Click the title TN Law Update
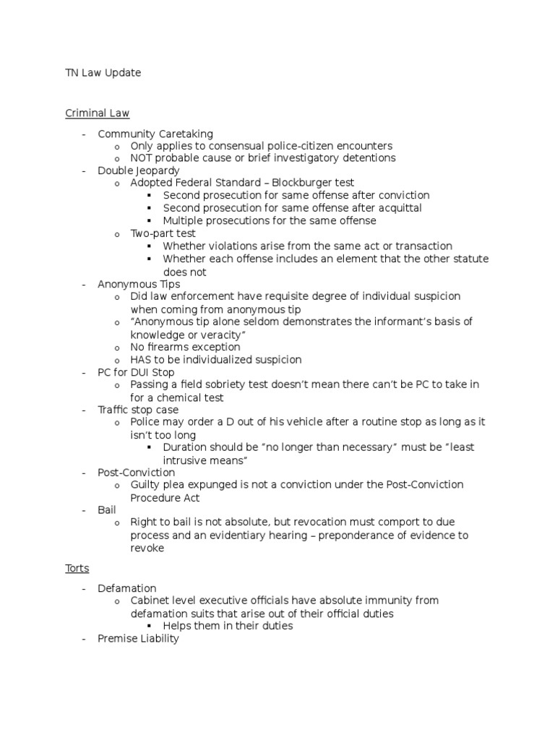point(103,73)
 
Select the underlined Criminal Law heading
point(97,113)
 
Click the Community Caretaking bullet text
point(155,134)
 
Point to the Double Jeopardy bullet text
point(138,171)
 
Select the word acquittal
point(397,208)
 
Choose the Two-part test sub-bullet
point(163,233)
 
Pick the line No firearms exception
point(185,347)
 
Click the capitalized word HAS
point(140,360)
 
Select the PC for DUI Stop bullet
point(136,372)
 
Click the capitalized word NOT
point(142,158)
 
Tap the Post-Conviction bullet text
point(136,473)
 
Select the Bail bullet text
point(107,510)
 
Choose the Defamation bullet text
point(127,588)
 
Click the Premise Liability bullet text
point(138,639)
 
